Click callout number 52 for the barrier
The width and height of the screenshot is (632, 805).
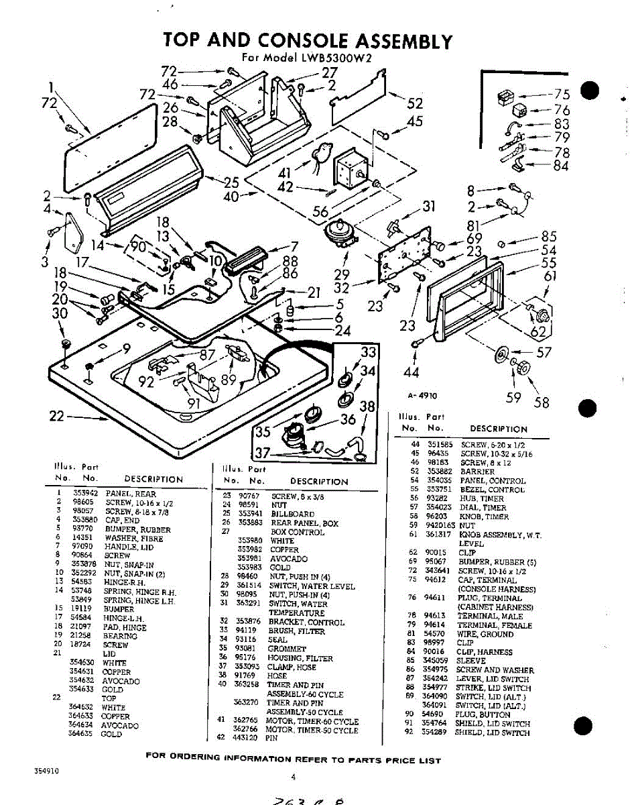click(416, 103)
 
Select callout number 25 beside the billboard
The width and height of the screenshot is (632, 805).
click(232, 182)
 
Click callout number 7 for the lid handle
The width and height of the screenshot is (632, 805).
click(294, 246)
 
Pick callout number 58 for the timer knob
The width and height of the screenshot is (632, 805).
click(541, 402)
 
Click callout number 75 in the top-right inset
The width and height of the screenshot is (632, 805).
click(562, 95)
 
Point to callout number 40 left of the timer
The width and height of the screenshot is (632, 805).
click(231, 197)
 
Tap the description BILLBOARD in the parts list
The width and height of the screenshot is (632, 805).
click(292, 514)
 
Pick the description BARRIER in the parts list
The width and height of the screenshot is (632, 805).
click(477, 472)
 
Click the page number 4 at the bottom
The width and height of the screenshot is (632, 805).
click(294, 778)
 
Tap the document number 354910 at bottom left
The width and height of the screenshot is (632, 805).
click(46, 771)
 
